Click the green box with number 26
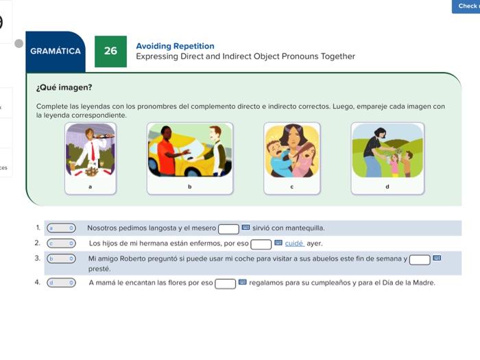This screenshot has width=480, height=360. pos(110,51)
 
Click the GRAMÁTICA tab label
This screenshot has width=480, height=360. pos(56,51)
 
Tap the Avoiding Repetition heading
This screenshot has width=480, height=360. pos(175,46)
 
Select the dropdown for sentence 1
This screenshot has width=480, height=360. pos(61,228)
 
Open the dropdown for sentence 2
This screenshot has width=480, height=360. pos(61,243)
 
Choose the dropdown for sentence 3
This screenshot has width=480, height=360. pos(61,259)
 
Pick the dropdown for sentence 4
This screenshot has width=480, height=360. pos(61,283)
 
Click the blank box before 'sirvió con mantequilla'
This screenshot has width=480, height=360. pos(228,229)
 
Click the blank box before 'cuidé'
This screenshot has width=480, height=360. pos(261,244)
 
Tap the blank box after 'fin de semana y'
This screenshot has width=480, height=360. pos(420,260)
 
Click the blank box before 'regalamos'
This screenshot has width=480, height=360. pos(225,284)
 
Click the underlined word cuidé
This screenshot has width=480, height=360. pos(294,243)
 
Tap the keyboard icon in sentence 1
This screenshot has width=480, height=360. pos(245,228)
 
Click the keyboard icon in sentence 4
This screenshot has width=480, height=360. pos(242,282)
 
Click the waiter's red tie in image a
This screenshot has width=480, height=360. pos(93,152)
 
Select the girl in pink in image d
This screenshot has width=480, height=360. pos(394,165)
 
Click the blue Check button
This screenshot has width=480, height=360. pos(466,6)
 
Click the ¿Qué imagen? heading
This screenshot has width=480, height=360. pos(64,88)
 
